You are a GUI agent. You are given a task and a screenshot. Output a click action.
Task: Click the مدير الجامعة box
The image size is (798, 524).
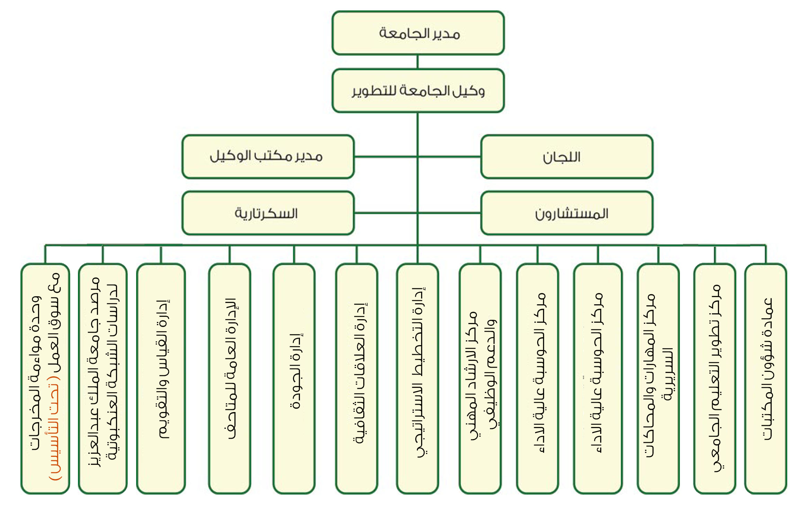tap(418, 33)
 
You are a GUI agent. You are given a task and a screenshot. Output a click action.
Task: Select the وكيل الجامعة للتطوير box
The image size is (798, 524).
tap(418, 91)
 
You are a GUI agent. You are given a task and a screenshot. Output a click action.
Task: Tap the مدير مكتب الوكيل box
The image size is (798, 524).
tap(268, 157)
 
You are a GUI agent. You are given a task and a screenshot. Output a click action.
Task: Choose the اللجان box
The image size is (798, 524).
tap(567, 157)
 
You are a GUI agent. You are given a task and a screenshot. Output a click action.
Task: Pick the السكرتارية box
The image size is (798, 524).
tap(268, 213)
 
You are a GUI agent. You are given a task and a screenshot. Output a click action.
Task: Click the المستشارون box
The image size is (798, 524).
tap(567, 213)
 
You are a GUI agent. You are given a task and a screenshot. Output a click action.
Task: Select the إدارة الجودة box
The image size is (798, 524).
tap(294, 378)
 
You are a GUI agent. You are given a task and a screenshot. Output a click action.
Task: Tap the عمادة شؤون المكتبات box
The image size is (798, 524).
tap(765, 378)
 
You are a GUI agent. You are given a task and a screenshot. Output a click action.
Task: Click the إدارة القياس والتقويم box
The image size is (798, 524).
tap(161, 378)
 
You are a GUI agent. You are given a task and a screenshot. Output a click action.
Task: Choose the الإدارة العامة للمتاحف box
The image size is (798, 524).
tap(230, 378)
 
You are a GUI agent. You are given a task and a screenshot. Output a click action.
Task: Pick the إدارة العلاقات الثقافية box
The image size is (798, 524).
tap(357, 378)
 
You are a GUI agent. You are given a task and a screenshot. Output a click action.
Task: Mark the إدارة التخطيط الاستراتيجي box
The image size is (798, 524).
tap(418, 378)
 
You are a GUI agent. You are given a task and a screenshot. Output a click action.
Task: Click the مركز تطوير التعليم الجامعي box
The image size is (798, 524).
tap(715, 378)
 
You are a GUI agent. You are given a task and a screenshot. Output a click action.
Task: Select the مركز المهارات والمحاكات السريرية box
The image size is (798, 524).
tap(658, 378)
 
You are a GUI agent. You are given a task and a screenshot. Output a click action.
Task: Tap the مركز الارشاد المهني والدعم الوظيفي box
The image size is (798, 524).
tap(480, 378)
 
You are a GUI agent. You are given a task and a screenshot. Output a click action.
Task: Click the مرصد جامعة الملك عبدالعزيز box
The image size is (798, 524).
tap(103, 378)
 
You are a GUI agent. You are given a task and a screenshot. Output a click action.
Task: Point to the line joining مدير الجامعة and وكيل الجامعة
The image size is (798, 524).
tap(418, 62)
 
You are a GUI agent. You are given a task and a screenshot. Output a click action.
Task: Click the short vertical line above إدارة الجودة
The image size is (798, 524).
tap(294, 254)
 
